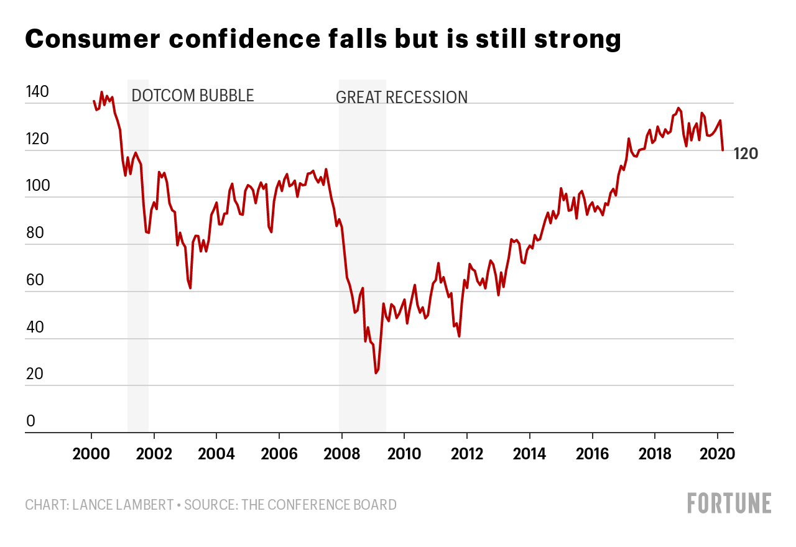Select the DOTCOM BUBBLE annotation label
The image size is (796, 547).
(193, 96)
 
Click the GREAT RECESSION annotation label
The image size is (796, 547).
(402, 98)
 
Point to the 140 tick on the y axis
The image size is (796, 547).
(37, 93)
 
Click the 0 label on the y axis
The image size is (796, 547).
(30, 421)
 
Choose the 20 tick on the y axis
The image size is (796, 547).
(35, 374)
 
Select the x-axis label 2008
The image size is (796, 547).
(341, 453)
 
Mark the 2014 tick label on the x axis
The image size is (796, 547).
(529, 453)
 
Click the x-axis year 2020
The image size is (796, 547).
(718, 453)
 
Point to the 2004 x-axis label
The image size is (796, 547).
(216, 453)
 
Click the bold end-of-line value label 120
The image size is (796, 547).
(746, 154)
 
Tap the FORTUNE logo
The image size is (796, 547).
(729, 503)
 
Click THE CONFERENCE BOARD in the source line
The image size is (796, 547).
(319, 504)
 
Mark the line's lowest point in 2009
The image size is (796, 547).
(376, 373)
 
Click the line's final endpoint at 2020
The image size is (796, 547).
(723, 150)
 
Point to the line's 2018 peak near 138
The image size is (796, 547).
(678, 108)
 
